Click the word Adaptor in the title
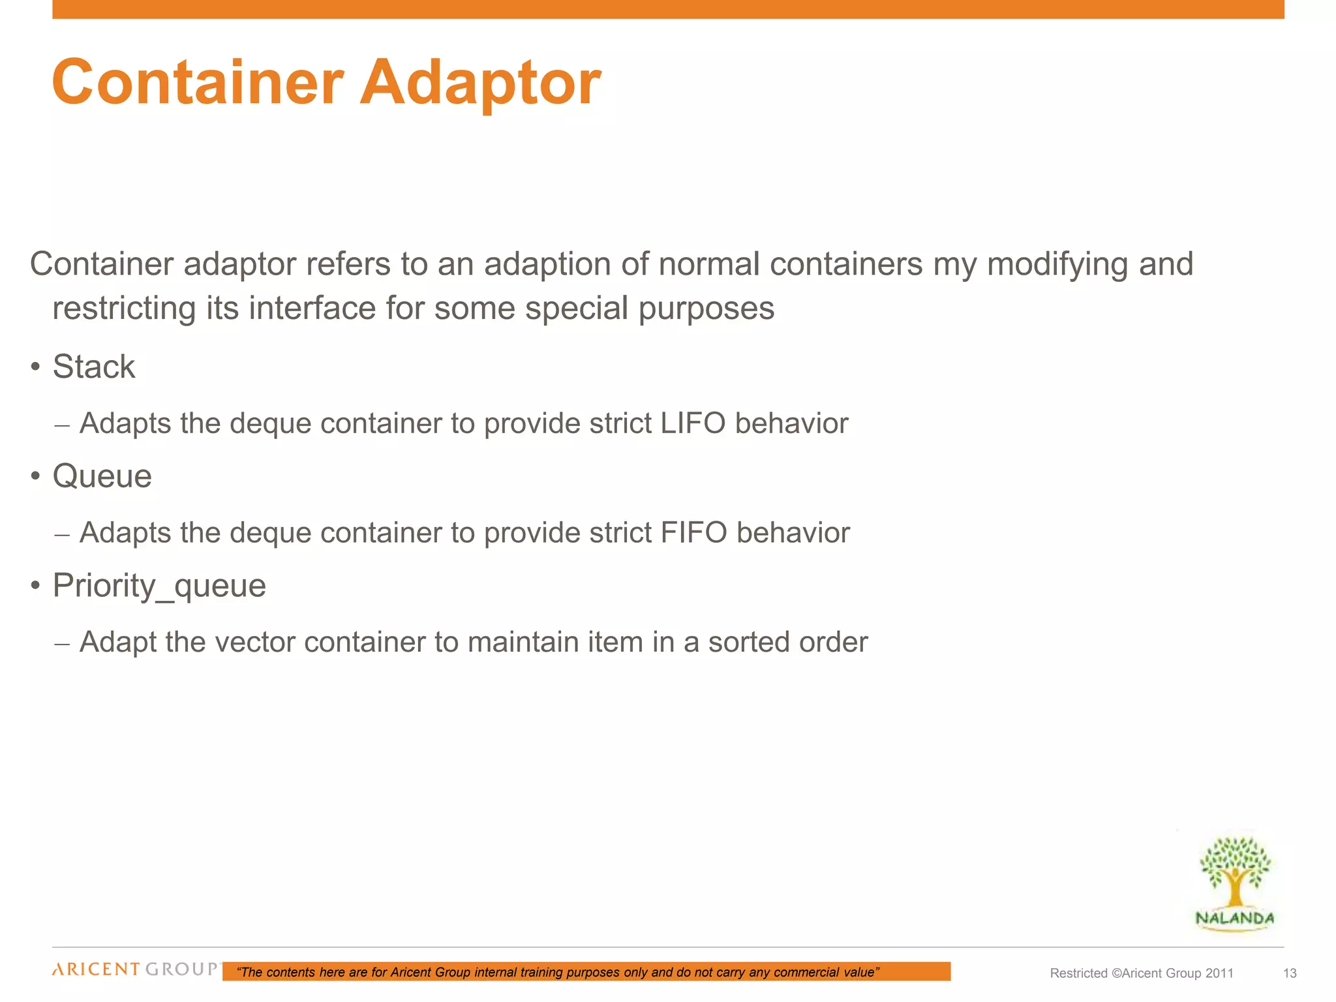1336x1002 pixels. [480, 83]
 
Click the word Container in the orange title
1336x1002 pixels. [198, 83]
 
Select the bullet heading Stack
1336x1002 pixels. [94, 367]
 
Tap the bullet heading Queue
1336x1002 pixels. [102, 476]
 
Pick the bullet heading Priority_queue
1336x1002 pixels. [159, 586]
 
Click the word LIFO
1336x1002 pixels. [693, 423]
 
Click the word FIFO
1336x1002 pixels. [693, 533]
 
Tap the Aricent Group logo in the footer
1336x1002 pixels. [136, 969]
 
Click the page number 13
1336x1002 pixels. [1290, 973]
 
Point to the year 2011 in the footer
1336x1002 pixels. [1219, 973]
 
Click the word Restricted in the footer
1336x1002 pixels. [1078, 973]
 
